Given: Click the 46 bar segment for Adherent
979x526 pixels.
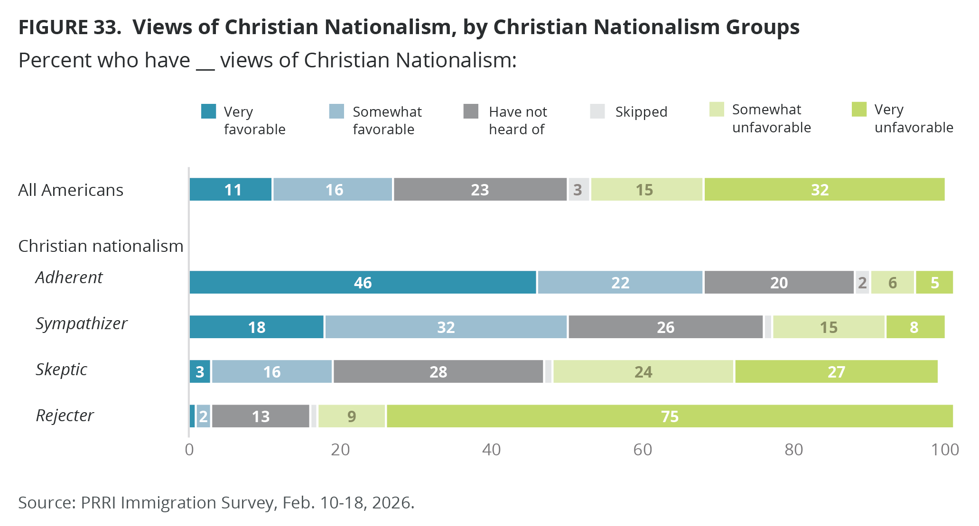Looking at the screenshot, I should pos(363,283).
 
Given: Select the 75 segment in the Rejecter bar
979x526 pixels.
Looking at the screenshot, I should pos(669,416).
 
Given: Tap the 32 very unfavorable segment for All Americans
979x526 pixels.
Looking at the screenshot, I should pos(824,190).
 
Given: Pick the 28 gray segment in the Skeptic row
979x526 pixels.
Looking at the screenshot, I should pos(438,372).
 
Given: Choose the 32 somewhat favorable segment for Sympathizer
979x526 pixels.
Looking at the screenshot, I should pos(446,327).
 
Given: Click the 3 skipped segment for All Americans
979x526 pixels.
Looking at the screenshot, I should pos(578,190).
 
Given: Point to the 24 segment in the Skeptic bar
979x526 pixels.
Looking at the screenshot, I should pos(643,372).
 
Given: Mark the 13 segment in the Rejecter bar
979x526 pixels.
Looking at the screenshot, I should pos(261,416).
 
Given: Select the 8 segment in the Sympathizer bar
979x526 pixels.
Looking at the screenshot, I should pos(914,327).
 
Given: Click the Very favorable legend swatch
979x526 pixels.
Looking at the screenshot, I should pos(209,111).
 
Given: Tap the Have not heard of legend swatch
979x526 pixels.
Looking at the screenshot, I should pos(471,111).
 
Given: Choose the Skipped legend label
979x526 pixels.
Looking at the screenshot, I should pos(641,112).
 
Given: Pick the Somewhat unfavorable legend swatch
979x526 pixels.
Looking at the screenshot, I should pos(717,110).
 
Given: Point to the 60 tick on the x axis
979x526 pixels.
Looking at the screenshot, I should pos(643,450).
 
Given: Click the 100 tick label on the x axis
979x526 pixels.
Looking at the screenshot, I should pos(945,450).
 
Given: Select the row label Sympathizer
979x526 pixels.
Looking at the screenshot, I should pos(82,323).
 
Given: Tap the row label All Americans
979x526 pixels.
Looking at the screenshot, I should pos(71,190).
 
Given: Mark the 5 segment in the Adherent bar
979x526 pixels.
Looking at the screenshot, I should pos(934,283).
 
